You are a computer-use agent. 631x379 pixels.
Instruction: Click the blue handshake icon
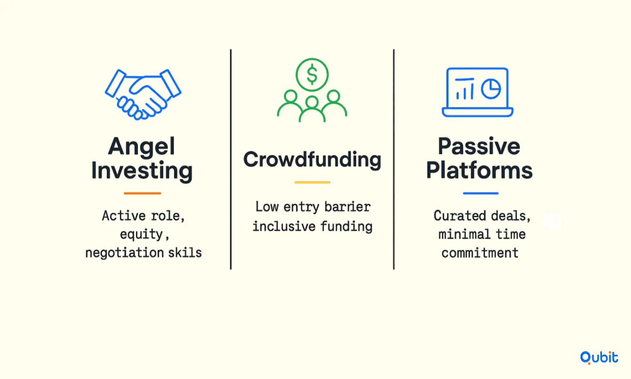tap(143, 95)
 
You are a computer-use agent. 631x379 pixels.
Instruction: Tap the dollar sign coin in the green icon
tap(312, 75)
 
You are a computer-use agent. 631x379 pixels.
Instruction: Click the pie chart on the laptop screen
tap(491, 89)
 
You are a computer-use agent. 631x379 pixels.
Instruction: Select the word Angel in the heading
tap(141, 146)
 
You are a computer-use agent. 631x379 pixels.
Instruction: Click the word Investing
tap(142, 171)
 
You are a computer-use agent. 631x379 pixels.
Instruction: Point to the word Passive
tap(479, 146)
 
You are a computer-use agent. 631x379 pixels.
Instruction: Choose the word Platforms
tap(479, 171)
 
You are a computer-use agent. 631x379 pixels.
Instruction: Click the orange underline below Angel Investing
tap(142, 193)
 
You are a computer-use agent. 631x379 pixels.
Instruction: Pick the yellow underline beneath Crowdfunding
tap(312, 182)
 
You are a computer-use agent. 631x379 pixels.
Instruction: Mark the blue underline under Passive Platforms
tap(480, 193)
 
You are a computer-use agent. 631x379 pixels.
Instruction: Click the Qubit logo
tap(599, 358)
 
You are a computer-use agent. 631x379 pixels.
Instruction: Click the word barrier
tap(347, 207)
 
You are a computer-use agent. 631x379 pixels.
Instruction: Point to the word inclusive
tap(284, 226)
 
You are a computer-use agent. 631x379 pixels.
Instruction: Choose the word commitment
tap(480, 253)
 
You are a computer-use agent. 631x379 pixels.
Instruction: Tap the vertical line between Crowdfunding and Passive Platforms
tap(394, 159)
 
